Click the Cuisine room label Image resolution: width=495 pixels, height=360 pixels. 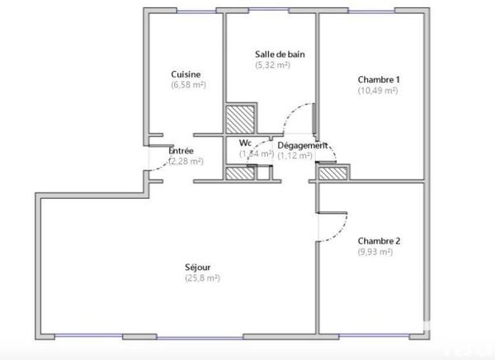186,73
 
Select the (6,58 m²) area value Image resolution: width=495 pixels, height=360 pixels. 188,84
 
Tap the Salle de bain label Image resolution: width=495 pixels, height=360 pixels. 280,54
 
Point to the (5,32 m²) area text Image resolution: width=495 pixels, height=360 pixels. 272,65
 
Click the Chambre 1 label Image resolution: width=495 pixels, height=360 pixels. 379,79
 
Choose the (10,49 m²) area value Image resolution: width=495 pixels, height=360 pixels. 378,90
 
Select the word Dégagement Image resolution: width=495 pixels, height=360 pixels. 302,145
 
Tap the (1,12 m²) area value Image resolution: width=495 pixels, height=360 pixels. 295,155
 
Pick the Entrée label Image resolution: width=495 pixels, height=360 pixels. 181,151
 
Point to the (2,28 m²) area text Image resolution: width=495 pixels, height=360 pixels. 185,162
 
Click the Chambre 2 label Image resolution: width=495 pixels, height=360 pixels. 379,241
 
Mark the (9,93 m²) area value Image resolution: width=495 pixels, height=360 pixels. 375,252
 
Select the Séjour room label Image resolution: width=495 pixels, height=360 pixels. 197,267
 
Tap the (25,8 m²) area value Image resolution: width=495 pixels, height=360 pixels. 202,278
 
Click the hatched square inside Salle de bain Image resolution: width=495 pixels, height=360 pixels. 242,118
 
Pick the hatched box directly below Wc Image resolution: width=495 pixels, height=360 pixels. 241,173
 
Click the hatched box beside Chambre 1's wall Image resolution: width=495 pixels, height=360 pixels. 332,173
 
